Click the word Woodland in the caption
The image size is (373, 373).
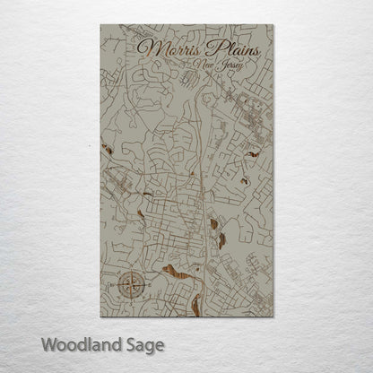coord(79,344)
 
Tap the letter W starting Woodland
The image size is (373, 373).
coord(48,344)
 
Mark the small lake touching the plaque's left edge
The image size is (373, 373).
coord(106,147)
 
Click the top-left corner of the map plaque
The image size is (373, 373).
coord(100,25)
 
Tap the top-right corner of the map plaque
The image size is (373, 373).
coord(273,25)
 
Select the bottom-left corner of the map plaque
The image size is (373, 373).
coord(100,317)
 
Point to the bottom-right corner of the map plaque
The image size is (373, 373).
coord(273,317)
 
